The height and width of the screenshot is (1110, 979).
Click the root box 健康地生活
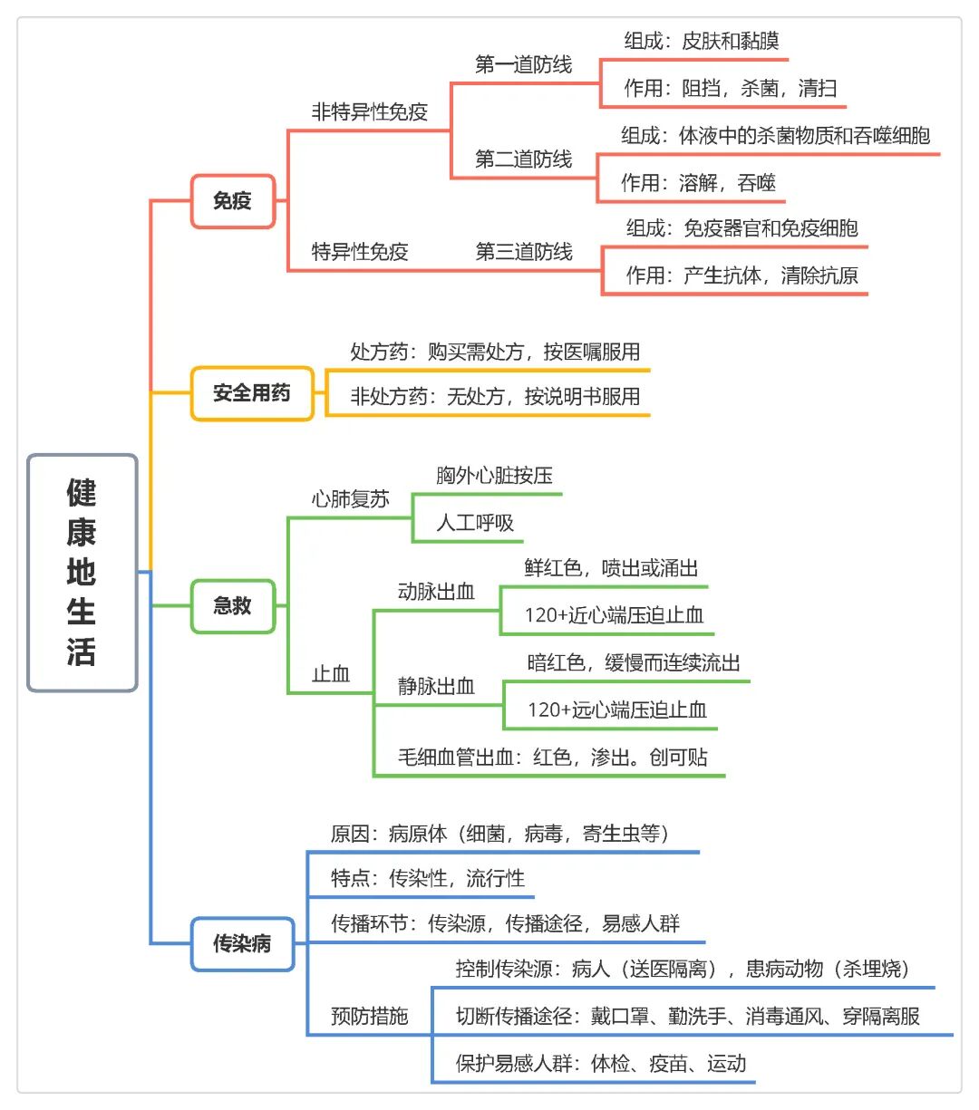[82, 573]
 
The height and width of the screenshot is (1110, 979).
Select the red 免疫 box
[233, 201]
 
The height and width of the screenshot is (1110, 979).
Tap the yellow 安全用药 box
[252, 393]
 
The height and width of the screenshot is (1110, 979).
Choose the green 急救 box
[233, 606]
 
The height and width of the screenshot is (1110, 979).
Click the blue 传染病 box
[242, 943]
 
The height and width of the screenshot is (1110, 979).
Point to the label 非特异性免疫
[370, 112]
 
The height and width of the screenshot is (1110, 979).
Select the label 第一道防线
[523, 64]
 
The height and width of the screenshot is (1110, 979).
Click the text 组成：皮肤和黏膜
[702, 41]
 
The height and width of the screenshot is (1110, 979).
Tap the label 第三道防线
[523, 252]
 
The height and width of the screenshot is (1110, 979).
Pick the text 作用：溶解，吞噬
[698, 183]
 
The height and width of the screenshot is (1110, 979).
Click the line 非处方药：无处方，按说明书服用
[495, 396]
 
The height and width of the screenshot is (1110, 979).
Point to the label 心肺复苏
[350, 499]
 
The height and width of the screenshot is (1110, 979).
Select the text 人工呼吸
[475, 523]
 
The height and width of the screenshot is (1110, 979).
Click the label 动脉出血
[436, 592]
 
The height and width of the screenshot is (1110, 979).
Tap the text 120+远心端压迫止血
[617, 710]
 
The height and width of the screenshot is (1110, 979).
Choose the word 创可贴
[679, 758]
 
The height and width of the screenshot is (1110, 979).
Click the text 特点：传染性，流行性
[428, 879]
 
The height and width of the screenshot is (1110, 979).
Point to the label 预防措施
[370, 1017]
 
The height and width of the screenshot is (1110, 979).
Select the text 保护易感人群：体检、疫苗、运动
[601, 1064]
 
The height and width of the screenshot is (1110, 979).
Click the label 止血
[331, 674]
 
